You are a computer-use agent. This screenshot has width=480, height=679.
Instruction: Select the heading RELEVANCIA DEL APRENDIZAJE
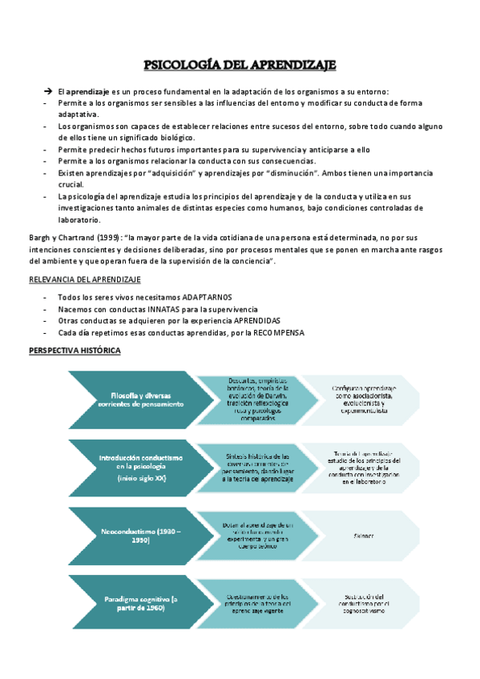point(85,279)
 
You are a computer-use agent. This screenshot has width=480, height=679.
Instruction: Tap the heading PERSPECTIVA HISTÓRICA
point(75,352)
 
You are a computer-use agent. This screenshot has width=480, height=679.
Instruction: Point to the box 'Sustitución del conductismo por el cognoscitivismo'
point(361,604)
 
